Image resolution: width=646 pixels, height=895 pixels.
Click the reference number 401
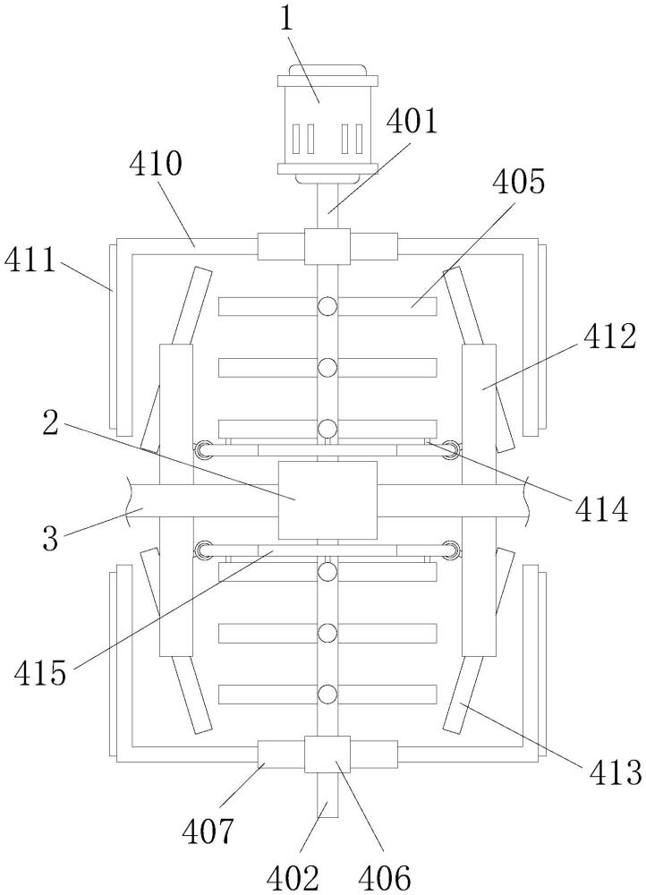coord(411,122)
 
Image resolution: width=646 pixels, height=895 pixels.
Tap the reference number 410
coord(155,165)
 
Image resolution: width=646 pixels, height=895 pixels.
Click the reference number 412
coord(609,337)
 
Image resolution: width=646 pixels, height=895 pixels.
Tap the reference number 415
coord(40,675)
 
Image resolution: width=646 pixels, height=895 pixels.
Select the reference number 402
coord(293,879)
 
